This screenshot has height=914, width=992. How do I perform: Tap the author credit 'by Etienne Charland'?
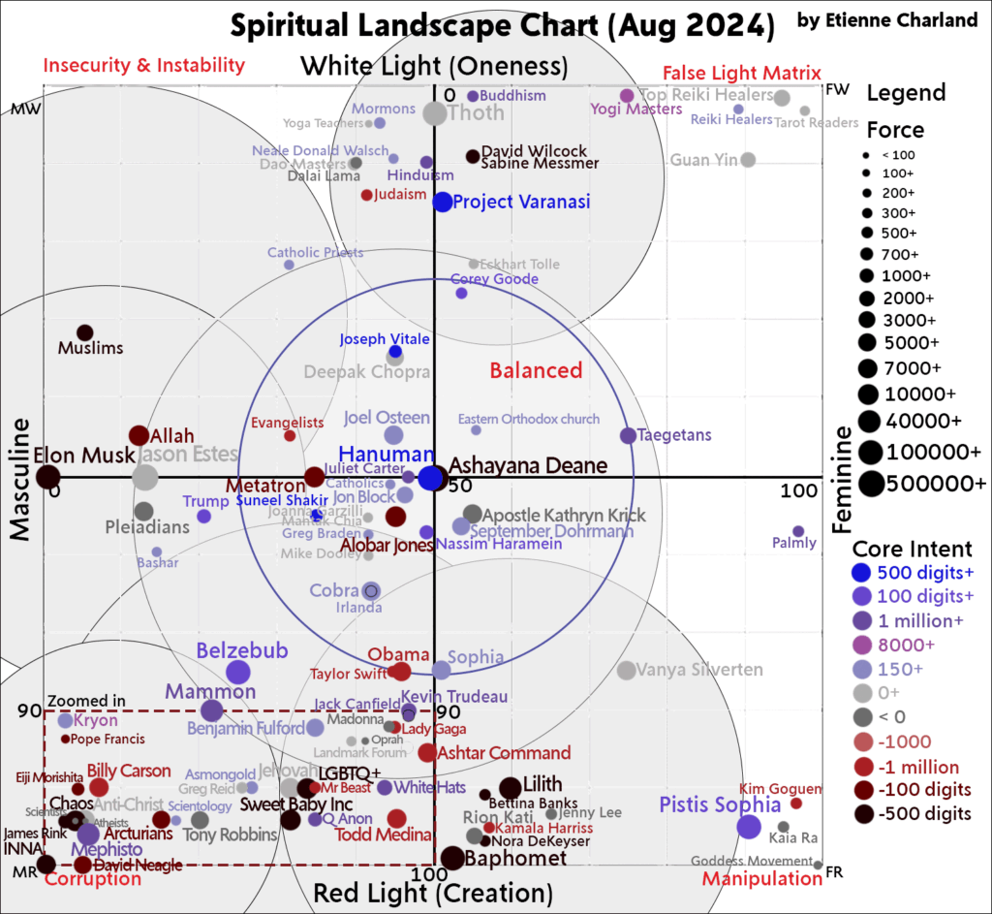886,20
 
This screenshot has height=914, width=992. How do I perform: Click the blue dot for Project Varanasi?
443,202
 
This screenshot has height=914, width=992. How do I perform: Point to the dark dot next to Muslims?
85,332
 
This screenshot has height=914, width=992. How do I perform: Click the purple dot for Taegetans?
628,436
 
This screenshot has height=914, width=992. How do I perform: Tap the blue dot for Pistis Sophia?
748,827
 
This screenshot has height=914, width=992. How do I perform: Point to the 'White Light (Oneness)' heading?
433,66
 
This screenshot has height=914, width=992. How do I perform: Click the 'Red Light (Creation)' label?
433,892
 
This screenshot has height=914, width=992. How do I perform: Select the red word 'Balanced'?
536,370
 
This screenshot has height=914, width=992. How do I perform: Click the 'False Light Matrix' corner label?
741,74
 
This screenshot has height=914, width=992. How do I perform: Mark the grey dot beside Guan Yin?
748,160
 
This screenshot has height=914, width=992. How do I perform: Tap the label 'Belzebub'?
242,650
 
